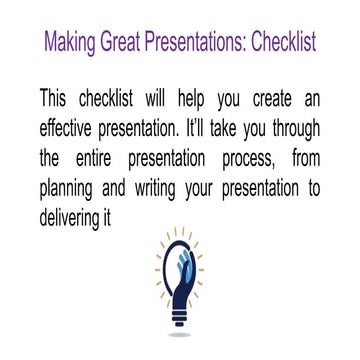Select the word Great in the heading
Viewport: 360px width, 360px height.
coord(126,45)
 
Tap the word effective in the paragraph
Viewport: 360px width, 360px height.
coord(73,128)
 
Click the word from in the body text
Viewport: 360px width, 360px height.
coord(308,157)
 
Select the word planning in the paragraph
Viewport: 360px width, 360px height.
coord(73,186)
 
